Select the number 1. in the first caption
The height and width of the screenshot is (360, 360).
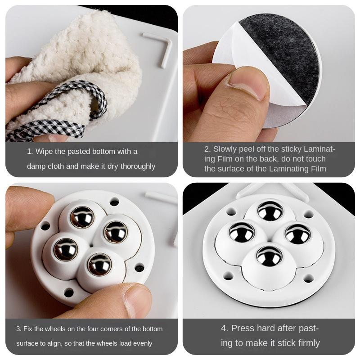pos(30,151)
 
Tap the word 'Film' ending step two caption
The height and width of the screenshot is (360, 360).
pos(315,169)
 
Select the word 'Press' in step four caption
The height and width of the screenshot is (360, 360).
pos(244,328)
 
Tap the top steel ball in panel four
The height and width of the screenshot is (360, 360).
pos(270,211)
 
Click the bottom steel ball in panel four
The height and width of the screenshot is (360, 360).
pos(269,256)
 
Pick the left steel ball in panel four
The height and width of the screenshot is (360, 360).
pos(242,232)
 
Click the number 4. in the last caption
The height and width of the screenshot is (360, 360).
pos(225,328)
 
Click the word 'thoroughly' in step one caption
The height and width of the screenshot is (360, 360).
pos(135,166)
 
